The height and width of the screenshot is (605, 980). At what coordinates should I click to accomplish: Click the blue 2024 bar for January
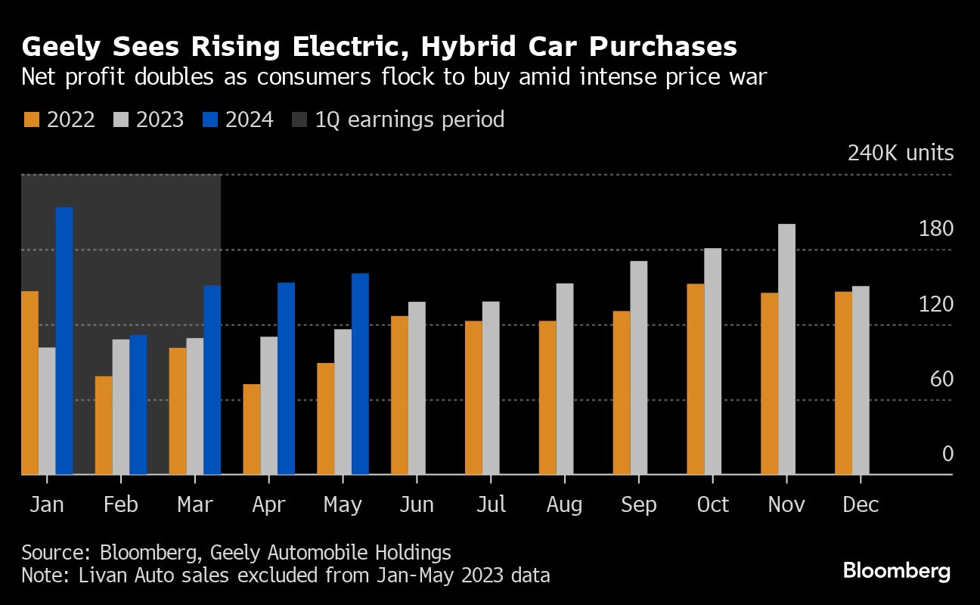(64, 340)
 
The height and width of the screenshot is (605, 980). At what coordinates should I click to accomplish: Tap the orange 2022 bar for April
(252, 429)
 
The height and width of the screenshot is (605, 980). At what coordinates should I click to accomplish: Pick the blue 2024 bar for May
(360, 374)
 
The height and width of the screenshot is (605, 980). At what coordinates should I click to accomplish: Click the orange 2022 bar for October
(695, 379)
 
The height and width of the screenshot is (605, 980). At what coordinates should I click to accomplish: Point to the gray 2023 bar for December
(861, 380)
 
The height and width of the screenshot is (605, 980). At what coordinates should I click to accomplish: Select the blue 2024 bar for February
(138, 405)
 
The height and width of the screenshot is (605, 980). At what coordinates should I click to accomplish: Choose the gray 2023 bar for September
(638, 368)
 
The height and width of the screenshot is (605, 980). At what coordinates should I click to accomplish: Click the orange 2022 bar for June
(399, 395)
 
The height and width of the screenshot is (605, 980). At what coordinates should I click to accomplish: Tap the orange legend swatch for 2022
(31, 119)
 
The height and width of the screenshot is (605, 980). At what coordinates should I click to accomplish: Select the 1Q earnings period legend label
(409, 119)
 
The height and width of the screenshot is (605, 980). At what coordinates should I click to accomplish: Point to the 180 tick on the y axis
(935, 229)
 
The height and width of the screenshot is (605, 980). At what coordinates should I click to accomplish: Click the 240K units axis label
(901, 154)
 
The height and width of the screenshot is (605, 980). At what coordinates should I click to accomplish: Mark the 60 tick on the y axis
(941, 379)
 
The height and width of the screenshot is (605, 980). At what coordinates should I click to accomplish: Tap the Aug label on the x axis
(563, 504)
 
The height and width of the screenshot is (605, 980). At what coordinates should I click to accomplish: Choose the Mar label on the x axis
(194, 504)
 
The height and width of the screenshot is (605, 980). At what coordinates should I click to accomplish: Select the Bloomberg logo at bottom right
(897, 571)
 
